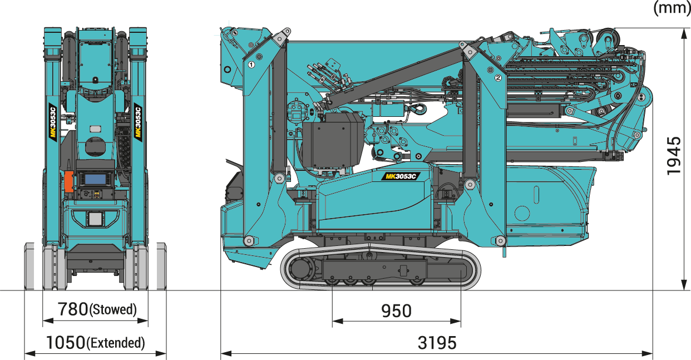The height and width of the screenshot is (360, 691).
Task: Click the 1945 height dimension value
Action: click(x=673, y=156)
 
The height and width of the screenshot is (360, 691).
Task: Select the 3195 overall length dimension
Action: click(x=437, y=343)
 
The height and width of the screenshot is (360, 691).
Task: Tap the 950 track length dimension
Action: click(x=396, y=311)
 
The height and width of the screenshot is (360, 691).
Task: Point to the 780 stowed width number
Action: click(x=73, y=309)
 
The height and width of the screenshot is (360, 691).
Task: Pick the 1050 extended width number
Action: click(x=66, y=342)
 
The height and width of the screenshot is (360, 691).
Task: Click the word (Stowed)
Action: click(x=113, y=309)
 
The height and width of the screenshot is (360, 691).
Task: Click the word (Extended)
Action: click(x=116, y=343)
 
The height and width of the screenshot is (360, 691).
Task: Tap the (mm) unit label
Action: click(x=672, y=8)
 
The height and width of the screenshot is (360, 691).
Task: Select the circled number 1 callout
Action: click(x=251, y=65)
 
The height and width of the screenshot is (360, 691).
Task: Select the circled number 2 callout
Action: click(x=498, y=78)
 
